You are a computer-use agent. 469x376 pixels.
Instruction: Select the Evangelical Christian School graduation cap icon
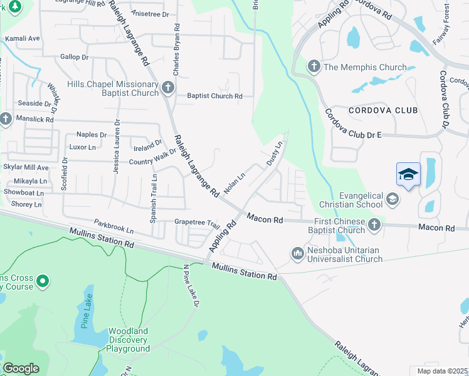point(393,199)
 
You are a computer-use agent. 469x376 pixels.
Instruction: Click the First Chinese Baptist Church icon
point(374,224)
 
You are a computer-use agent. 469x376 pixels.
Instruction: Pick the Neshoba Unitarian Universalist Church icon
point(297,253)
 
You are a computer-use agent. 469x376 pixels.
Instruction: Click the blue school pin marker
point(408,175)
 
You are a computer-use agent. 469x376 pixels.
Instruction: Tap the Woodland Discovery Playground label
point(129,340)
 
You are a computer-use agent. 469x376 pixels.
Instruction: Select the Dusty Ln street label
point(275,153)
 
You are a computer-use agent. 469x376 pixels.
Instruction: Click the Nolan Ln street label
point(234,184)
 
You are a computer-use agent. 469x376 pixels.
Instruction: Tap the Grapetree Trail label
point(197,222)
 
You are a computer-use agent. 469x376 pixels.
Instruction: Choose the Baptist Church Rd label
point(214,96)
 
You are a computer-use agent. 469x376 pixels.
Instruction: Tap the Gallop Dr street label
point(75,57)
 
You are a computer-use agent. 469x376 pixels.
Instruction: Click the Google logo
point(21,368)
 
